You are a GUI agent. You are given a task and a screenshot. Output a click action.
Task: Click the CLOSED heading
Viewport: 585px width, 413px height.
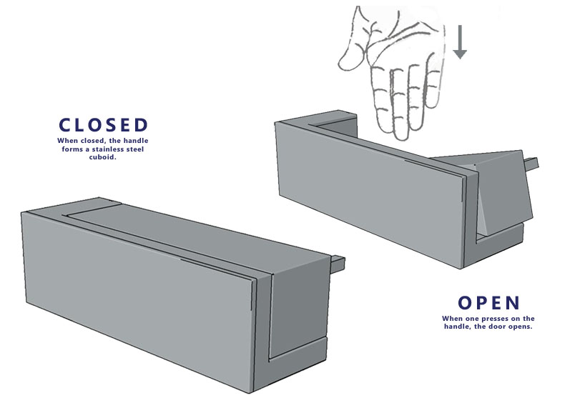pyautogui.click(x=104, y=125)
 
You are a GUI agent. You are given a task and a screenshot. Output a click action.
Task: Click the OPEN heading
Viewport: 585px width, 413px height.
pyautogui.click(x=489, y=303)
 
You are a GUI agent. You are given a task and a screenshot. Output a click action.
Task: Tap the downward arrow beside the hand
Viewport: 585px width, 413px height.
pyautogui.click(x=460, y=41)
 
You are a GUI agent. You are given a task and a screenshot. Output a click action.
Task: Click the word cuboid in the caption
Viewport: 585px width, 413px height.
pyautogui.click(x=102, y=157)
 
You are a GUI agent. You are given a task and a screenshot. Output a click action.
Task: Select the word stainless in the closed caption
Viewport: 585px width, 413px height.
pyautogui.click(x=109, y=149)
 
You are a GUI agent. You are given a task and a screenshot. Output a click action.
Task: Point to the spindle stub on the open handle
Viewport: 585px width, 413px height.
pyautogui.click(x=531, y=163)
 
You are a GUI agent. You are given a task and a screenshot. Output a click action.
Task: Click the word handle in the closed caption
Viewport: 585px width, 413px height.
pyautogui.click(x=136, y=141)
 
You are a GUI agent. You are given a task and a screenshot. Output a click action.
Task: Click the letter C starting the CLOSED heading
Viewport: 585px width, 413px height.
pyautogui.click(x=65, y=125)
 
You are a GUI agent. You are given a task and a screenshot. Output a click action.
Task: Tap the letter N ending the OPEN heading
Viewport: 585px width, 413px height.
pyautogui.click(x=513, y=303)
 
